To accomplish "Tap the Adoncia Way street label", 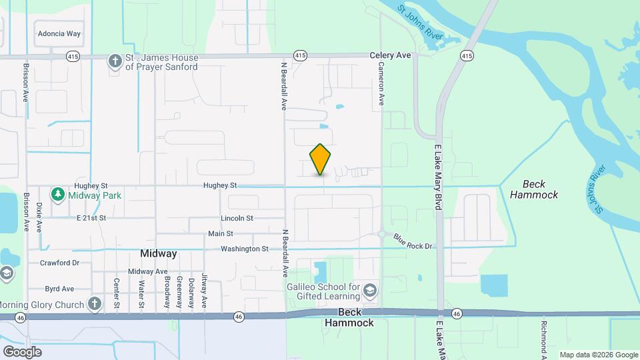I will coord(59,33).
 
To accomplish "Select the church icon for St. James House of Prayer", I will coord(115,61).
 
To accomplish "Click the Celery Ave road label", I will coord(391,55).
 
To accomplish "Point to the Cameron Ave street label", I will coord(382,84).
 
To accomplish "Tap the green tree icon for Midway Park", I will coord(59,195).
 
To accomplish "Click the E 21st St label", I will coord(91,218).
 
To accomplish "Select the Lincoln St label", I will coord(237,218).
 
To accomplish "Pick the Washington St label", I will coord(245,249).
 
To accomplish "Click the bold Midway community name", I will coord(159,253).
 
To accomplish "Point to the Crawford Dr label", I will coord(59,263).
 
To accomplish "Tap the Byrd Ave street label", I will coord(59,289).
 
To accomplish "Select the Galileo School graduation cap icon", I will coord(370,291).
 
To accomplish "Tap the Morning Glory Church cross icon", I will coord(95,305).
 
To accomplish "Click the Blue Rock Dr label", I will coord(413,241).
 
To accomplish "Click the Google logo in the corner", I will coord(23,351).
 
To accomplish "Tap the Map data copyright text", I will coord(598,355).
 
